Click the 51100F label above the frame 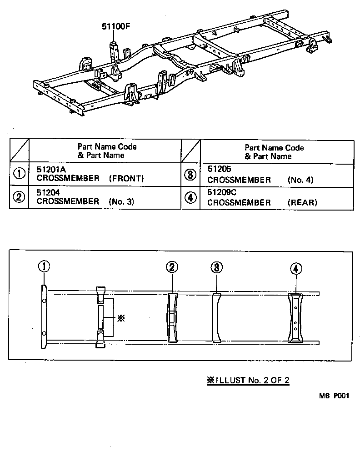(116, 27)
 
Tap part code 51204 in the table (48, 193)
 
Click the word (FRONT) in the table (126, 179)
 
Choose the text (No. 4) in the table (300, 180)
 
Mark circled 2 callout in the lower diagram (171, 267)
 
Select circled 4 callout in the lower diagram (295, 269)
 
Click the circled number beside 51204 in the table (19, 197)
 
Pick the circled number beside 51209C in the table (190, 197)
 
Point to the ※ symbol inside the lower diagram (121, 318)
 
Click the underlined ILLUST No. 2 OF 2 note (248, 381)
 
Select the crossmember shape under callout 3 (216, 317)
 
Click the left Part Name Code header (107, 151)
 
